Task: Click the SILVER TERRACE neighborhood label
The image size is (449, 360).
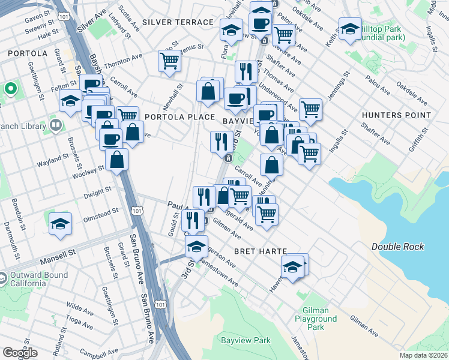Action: coord(178,22)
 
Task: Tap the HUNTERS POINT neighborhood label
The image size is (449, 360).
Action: coord(397,115)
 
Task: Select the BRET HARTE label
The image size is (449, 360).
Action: coord(261,250)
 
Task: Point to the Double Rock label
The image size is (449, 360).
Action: coord(397,247)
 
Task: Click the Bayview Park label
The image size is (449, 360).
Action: coord(246,340)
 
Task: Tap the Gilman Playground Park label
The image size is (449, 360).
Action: coord(315,319)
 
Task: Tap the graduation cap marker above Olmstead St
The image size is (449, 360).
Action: coord(61,223)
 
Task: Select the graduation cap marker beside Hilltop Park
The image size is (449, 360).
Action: coord(349,27)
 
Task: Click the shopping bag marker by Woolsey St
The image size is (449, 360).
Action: coord(116,159)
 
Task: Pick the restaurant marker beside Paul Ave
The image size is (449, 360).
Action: coord(193,220)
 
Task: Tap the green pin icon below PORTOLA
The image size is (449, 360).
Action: coord(10,89)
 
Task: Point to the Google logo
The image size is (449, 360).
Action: coord(20,353)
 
